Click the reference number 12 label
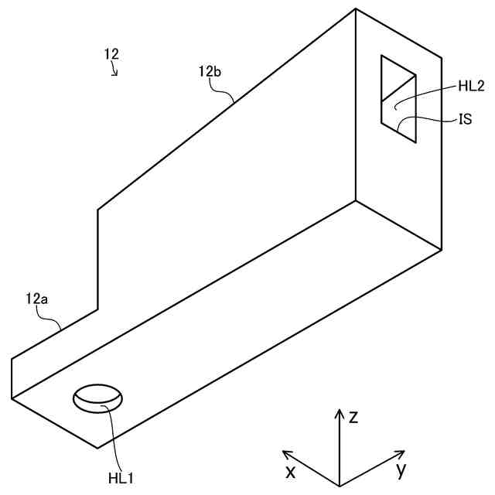tap(111, 54)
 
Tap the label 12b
tap(210, 72)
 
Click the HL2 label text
tap(470, 87)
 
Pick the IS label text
tap(465, 120)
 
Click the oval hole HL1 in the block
tap(98, 398)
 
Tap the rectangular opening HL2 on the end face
tap(398, 99)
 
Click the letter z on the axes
tap(353, 418)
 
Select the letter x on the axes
tap(291, 471)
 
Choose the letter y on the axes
tap(401, 469)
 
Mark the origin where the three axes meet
tap(339, 485)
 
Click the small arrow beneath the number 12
tap(114, 71)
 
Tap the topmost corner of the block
tap(356, 9)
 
